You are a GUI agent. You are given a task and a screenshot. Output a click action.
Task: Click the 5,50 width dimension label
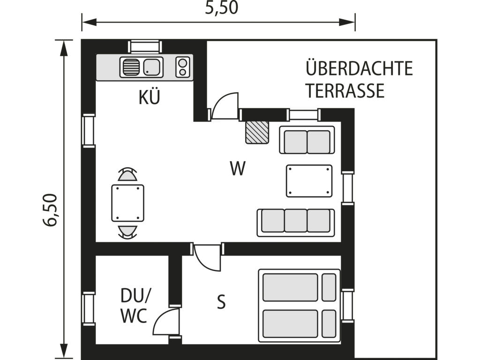(222, 8)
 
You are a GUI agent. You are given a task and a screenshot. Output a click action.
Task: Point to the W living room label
(238, 168)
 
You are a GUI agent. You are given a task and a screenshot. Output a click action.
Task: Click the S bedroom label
(221, 301)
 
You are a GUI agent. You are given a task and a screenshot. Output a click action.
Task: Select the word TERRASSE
(345, 90)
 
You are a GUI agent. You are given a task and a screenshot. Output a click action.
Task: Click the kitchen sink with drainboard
(141, 67)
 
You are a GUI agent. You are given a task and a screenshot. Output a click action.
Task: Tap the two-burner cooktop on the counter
(183, 67)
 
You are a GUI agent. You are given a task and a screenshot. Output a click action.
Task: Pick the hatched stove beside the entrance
(257, 132)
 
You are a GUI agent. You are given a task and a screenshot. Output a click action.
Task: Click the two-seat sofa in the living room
(307, 140)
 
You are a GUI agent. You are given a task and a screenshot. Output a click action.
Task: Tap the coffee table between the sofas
(309, 181)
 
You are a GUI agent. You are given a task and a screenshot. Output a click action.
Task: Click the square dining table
(127, 203)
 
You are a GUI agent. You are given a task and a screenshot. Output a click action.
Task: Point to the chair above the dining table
(127, 174)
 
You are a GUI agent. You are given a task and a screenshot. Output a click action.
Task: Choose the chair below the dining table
(127, 231)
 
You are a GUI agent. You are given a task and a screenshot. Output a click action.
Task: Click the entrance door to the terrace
(225, 106)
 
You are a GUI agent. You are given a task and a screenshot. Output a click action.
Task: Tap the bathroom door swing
(167, 322)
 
